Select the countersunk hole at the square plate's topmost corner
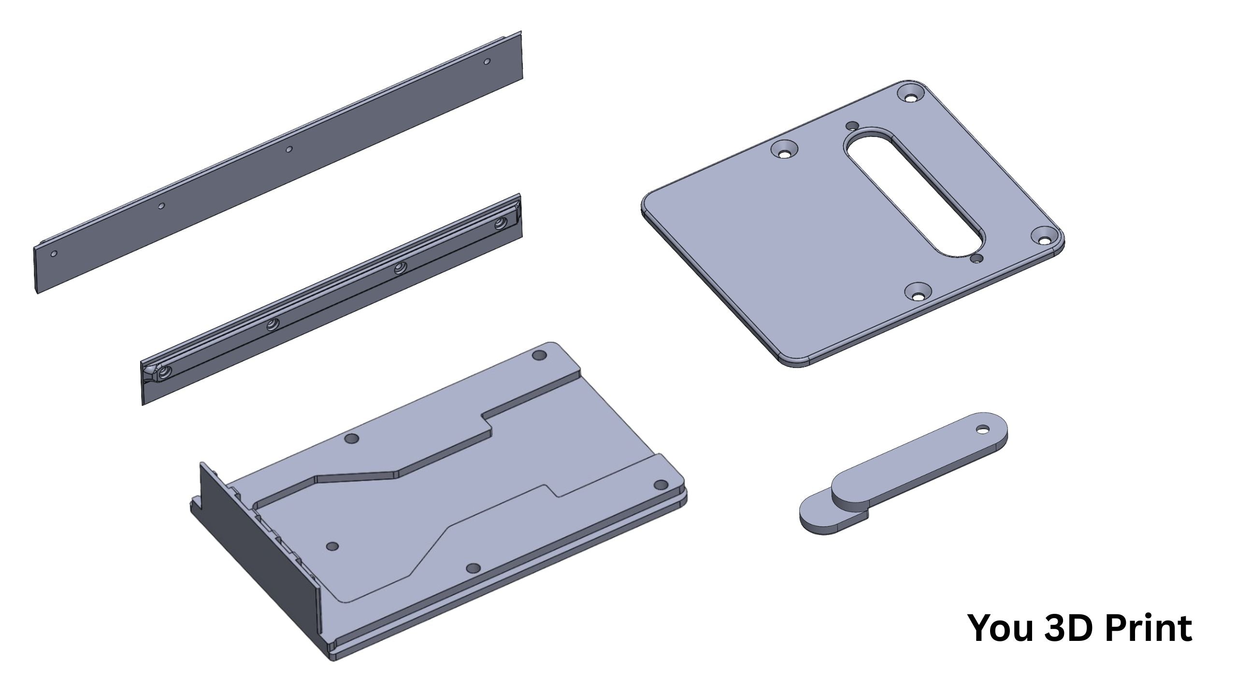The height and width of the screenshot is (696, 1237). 911,96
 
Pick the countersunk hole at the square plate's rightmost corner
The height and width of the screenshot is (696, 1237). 1045,239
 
